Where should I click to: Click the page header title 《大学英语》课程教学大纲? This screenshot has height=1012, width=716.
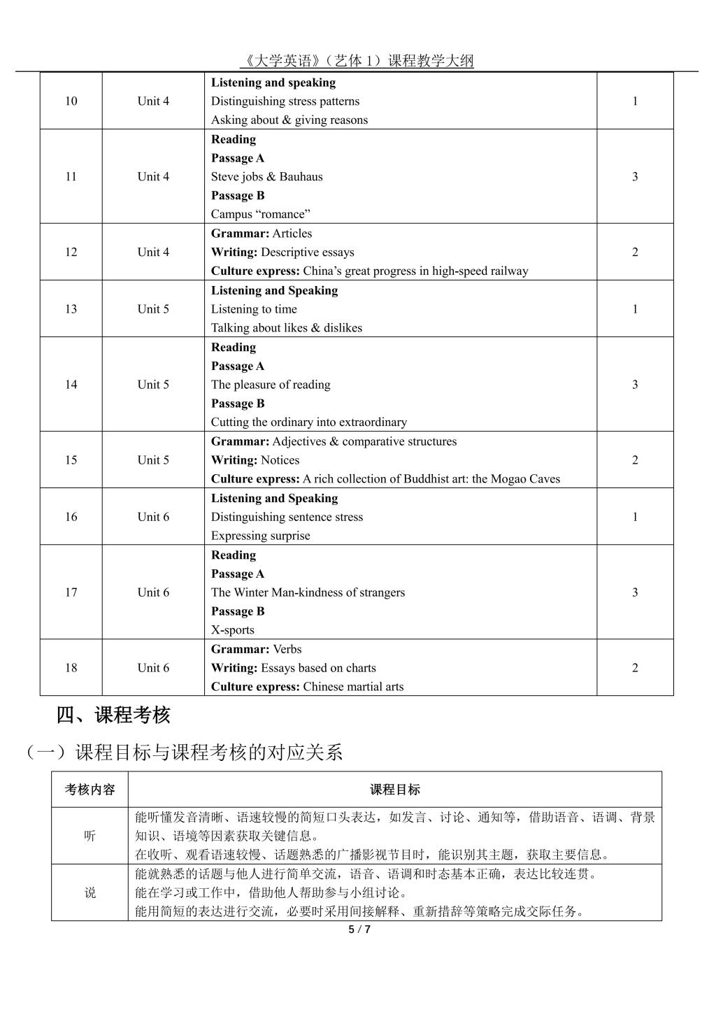(x=357, y=61)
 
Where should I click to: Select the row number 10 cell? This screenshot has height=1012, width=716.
(x=71, y=101)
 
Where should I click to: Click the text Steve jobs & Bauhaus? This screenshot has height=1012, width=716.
(x=267, y=177)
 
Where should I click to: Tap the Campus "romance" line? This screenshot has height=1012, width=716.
(x=260, y=215)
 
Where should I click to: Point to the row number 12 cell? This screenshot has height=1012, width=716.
(x=71, y=252)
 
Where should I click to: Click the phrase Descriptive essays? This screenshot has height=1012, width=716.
(x=307, y=252)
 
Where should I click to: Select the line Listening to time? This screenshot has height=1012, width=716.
(x=254, y=309)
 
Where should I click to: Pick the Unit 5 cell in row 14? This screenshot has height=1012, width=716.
(x=153, y=385)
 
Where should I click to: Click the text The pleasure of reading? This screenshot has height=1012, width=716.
(x=271, y=385)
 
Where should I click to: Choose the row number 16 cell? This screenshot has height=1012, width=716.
(x=71, y=518)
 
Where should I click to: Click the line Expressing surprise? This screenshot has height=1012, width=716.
(x=260, y=536)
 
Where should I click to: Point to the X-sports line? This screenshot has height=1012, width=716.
(x=233, y=630)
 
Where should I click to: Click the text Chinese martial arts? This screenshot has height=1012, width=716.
(x=353, y=687)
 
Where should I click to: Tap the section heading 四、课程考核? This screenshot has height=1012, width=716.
(x=113, y=715)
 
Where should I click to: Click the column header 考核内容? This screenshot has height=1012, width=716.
(x=90, y=790)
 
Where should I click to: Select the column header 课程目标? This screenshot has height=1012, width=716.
(x=395, y=790)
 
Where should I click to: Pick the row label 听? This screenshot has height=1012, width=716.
(x=90, y=836)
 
